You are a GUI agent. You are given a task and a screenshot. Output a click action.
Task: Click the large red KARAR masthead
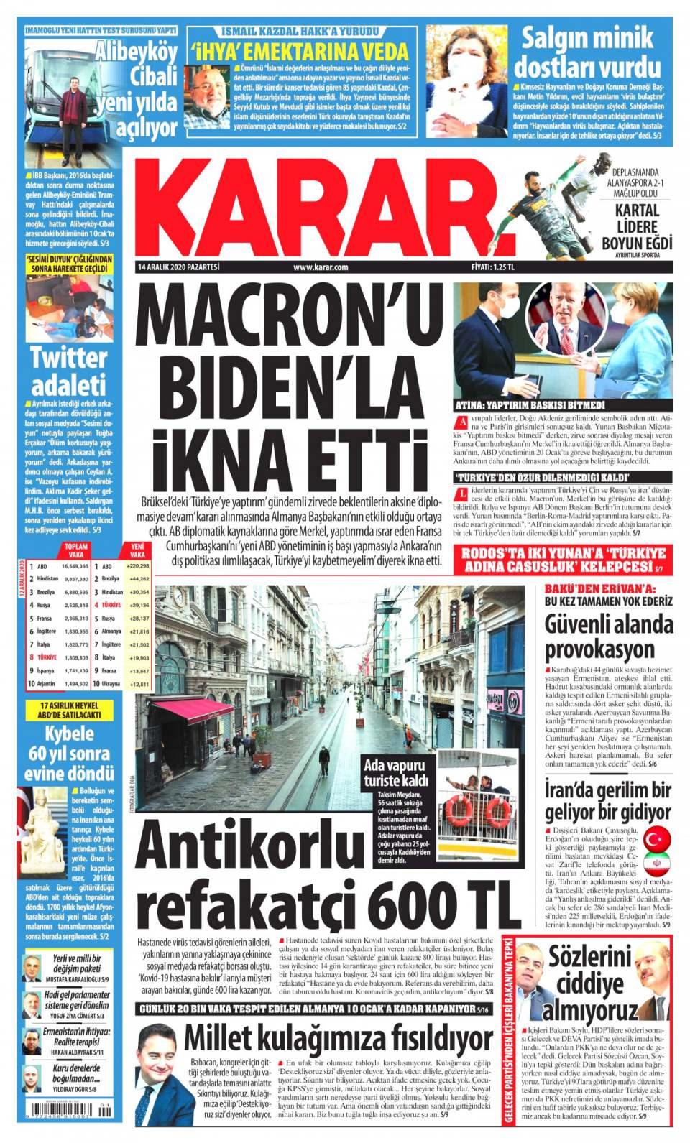tap(316, 212)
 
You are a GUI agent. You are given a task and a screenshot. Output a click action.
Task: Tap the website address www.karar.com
tap(321, 268)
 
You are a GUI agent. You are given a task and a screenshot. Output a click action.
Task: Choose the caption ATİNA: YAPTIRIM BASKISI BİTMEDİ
tap(526, 404)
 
